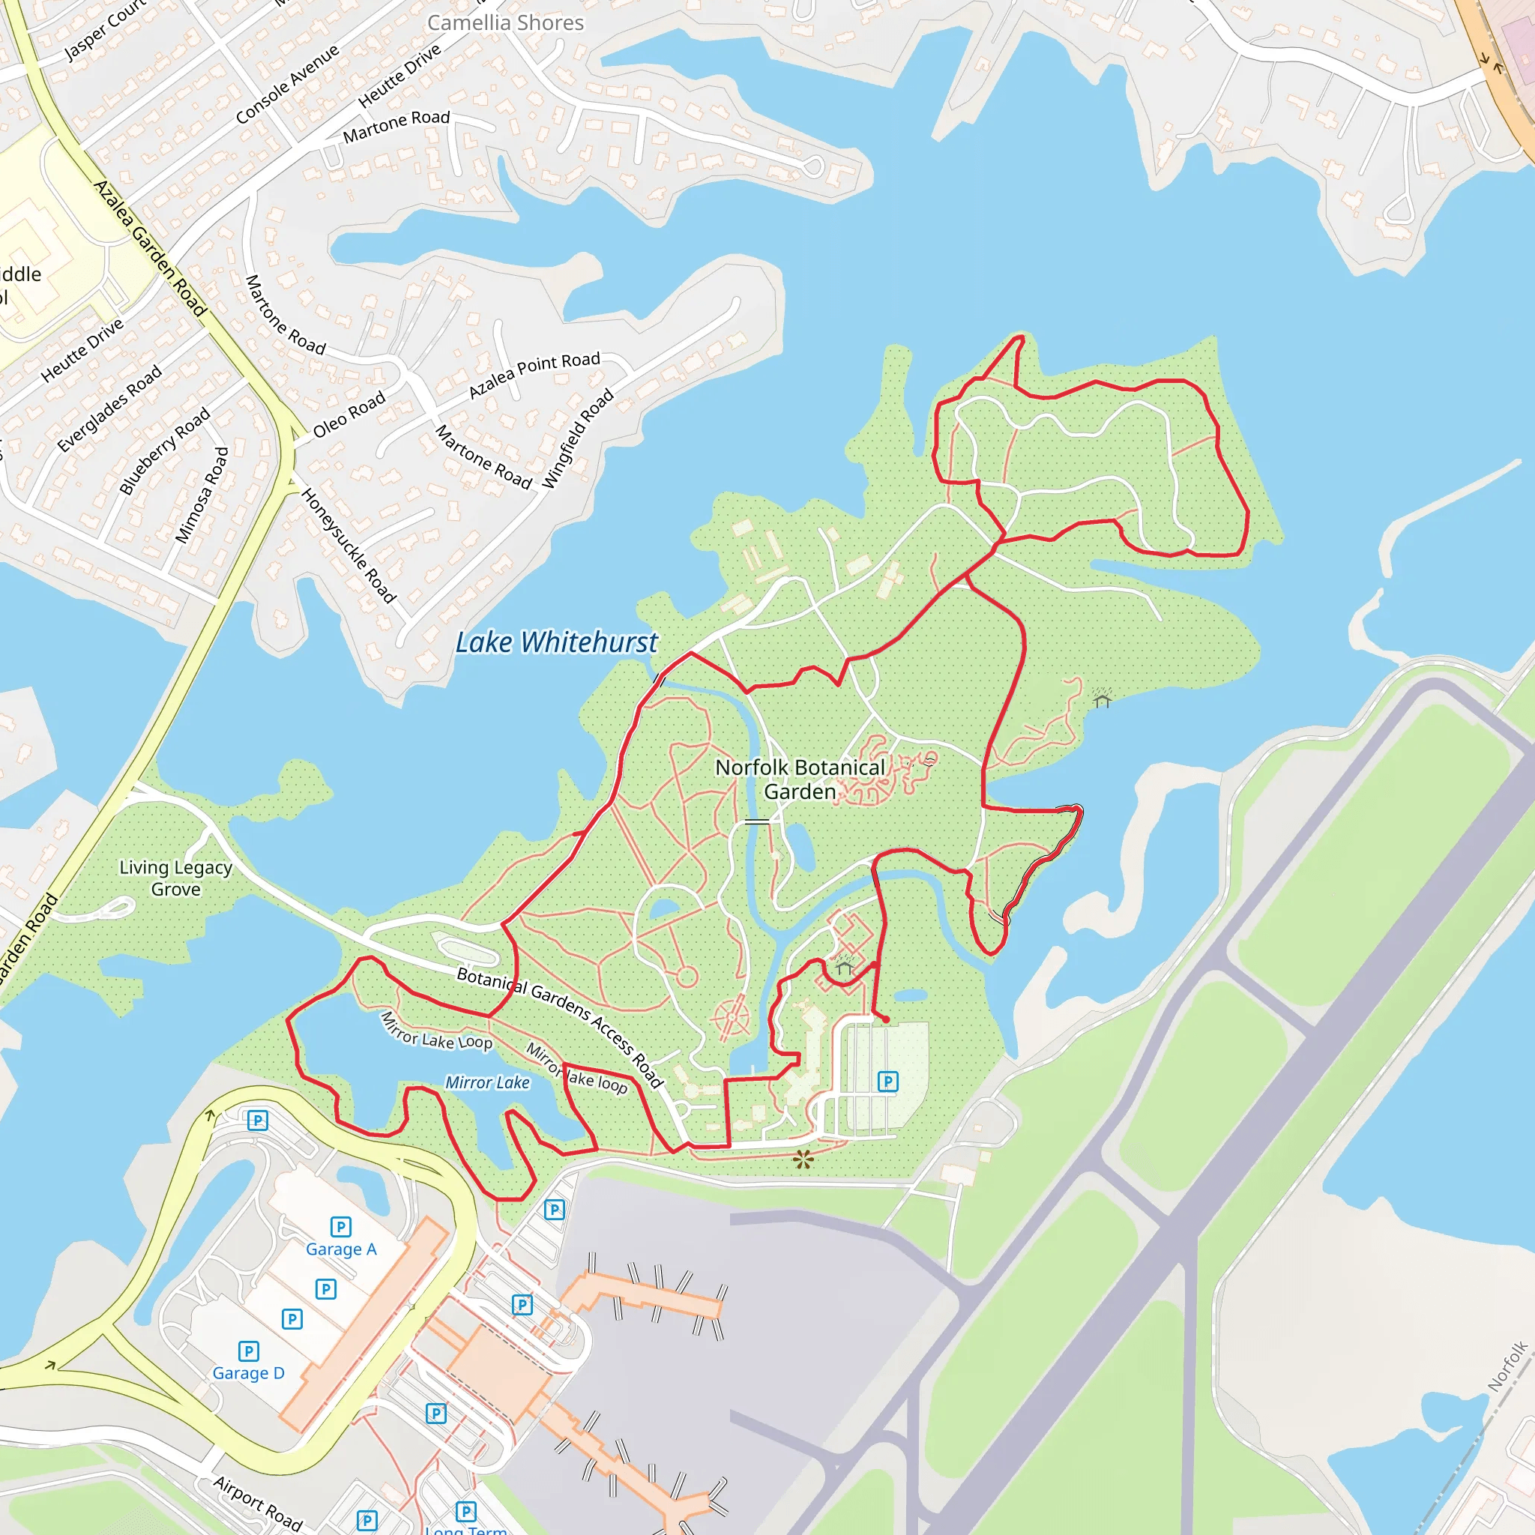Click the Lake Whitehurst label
click(556, 642)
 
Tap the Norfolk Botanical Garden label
click(799, 779)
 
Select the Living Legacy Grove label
click(175, 878)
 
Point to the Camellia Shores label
click(505, 23)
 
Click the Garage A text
click(341, 1249)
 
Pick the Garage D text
click(248, 1373)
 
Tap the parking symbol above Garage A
click(341, 1227)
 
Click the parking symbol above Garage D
click(249, 1351)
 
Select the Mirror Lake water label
click(487, 1082)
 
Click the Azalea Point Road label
click(534, 374)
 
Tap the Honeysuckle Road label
click(348, 546)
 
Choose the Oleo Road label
click(349, 414)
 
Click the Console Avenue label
click(288, 84)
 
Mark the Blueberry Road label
click(164, 450)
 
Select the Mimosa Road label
click(202, 495)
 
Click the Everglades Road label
click(109, 408)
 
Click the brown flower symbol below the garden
click(803, 1160)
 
